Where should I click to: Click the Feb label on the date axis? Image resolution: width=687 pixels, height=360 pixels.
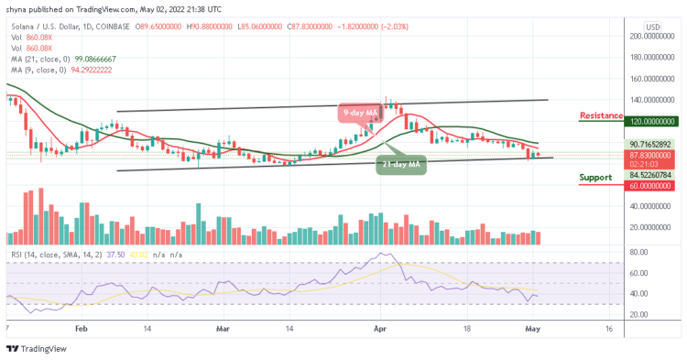point(82,326)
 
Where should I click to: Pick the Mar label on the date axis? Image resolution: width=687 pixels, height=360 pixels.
point(223,326)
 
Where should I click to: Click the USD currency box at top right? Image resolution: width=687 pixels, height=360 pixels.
point(653,27)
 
